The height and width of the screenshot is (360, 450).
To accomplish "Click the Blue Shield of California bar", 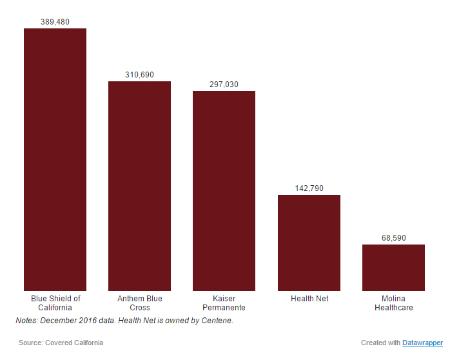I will click(x=55, y=159).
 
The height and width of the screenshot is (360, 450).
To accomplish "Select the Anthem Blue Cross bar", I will click(x=139, y=186).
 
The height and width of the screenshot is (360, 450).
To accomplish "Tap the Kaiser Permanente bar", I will click(x=224, y=190).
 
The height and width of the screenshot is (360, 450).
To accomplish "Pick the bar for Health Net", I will click(x=309, y=243).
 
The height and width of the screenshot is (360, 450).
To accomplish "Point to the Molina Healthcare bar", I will click(x=393, y=267).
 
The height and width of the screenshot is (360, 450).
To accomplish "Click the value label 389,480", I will click(x=55, y=22).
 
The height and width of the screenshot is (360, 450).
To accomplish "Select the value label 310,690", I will click(x=139, y=75).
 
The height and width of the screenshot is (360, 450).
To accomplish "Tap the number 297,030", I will click(x=224, y=85).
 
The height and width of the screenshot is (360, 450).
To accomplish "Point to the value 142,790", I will click(x=309, y=188).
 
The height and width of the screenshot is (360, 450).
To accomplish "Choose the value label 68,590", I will click(x=393, y=238).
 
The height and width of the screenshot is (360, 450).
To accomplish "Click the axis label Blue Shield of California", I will click(x=55, y=303).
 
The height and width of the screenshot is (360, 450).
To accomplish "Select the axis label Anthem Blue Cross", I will click(x=139, y=303).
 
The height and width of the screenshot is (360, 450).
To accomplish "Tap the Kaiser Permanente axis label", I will click(x=224, y=303).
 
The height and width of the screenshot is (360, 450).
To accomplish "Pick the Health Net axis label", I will click(x=309, y=299).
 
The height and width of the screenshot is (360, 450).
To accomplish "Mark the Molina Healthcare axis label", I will click(x=393, y=303).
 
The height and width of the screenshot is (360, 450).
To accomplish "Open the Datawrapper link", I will click(x=422, y=343).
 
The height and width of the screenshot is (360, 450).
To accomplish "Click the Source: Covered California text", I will click(x=61, y=343).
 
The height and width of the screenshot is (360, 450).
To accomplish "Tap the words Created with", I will click(x=380, y=343).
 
